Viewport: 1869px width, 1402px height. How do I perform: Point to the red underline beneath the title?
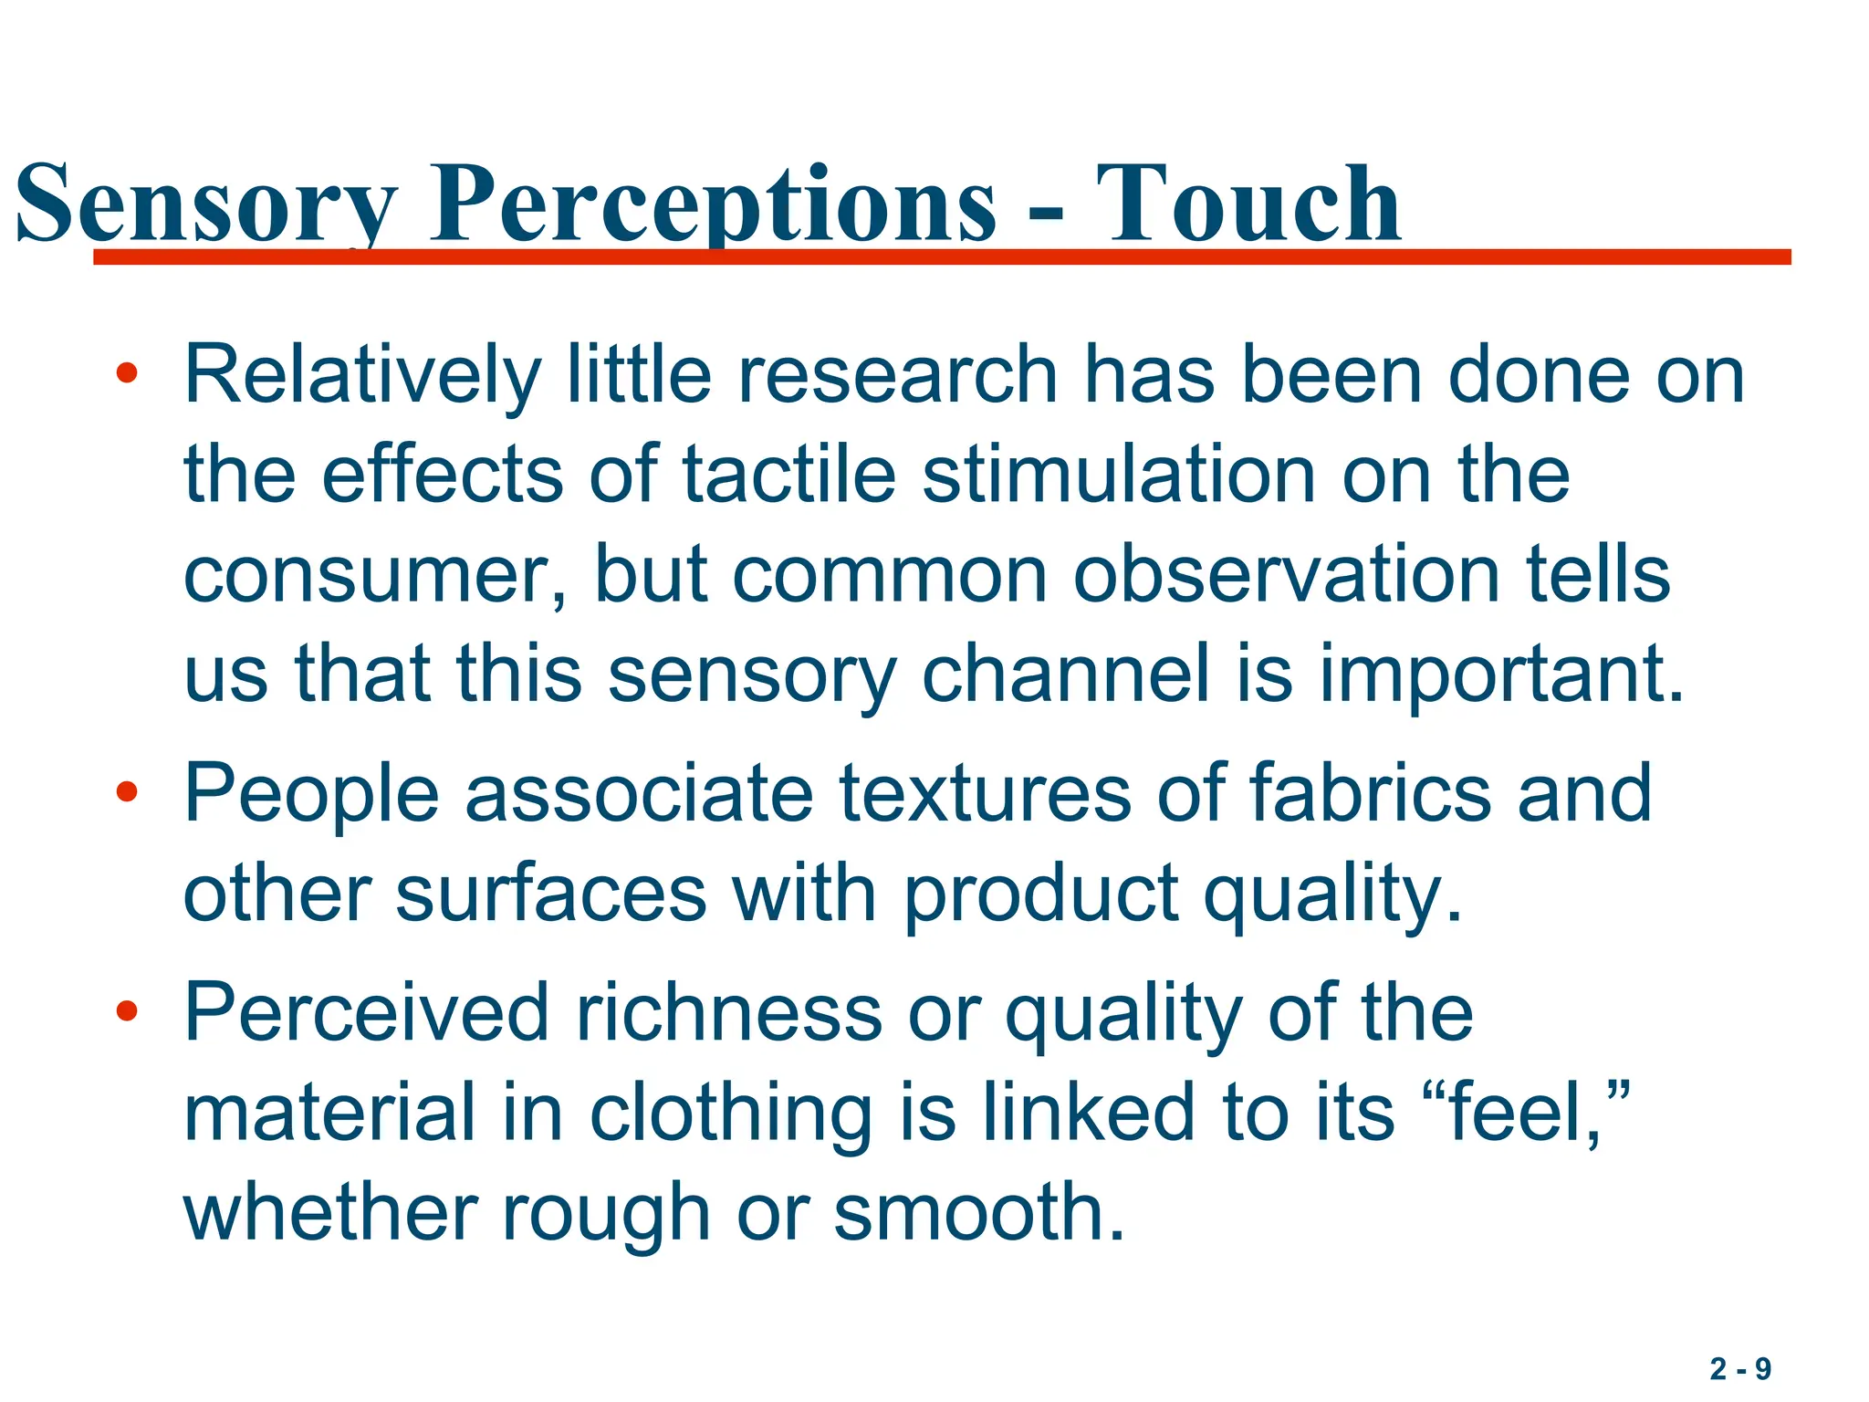point(940,257)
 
